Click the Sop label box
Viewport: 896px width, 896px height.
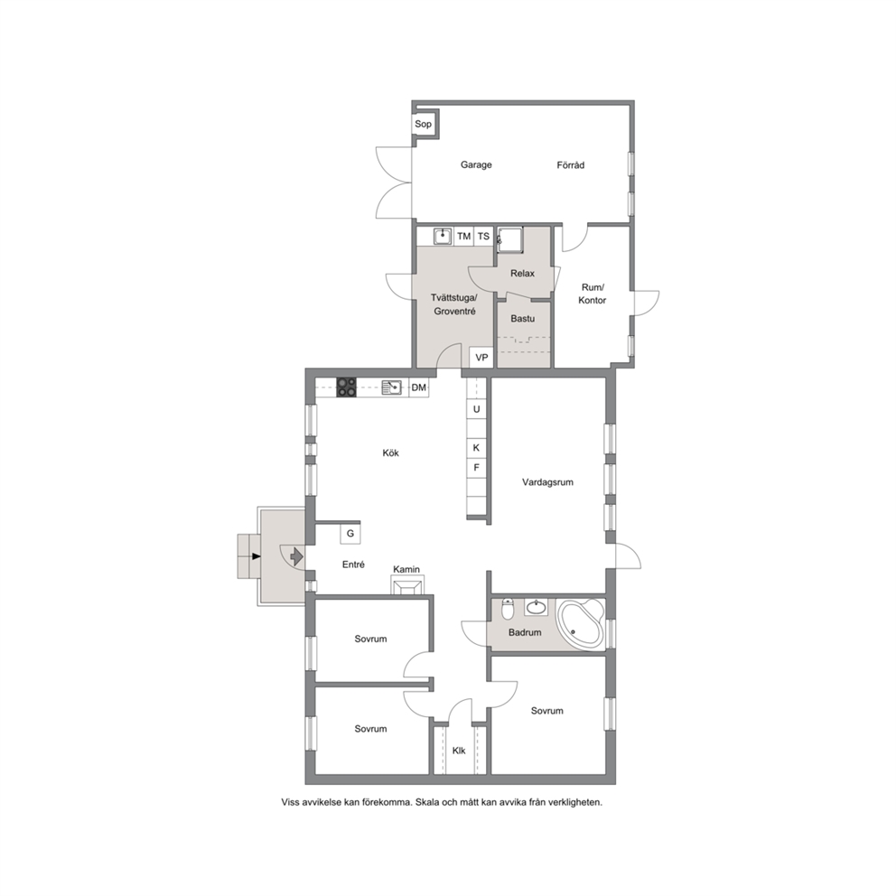coord(424,124)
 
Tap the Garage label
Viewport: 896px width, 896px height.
coord(476,164)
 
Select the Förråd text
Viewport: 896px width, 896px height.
coord(570,165)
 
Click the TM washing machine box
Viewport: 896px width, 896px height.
coord(464,236)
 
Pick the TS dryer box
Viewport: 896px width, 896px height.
coord(483,236)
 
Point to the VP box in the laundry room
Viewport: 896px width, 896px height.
coord(481,357)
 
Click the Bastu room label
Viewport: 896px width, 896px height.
coord(523,318)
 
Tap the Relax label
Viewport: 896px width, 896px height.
coord(522,273)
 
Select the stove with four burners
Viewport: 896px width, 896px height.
coord(346,387)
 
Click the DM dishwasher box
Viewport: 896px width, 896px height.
coord(419,387)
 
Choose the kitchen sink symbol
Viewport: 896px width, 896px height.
coord(391,387)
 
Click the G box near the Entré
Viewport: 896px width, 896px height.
coord(350,533)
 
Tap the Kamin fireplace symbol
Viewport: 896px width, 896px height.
coord(406,585)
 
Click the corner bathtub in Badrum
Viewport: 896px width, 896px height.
coord(581,623)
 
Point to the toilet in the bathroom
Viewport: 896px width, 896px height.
coord(508,609)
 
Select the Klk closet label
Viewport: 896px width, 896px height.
coord(459,751)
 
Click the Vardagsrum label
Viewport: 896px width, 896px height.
coord(547,481)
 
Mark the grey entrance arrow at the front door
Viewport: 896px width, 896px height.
coord(296,555)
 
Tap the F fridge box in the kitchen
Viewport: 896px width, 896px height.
coord(477,468)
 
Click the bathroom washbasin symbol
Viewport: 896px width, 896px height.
coord(536,607)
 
